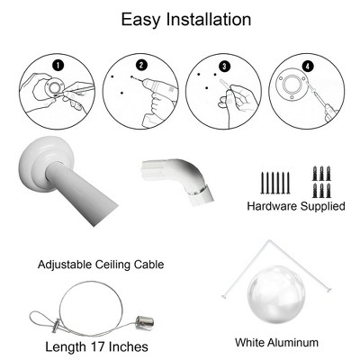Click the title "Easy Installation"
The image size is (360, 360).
click(x=180, y=19)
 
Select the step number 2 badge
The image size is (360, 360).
click(x=140, y=65)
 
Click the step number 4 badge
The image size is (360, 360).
click(x=309, y=65)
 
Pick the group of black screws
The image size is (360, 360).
click(x=273, y=182)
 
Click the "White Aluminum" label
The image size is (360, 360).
click(x=276, y=343)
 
